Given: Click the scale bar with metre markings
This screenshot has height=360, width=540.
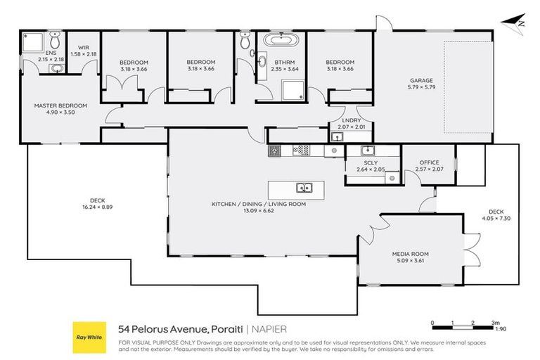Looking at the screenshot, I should coord(462,324).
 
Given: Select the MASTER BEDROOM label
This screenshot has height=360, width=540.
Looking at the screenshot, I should coord(61,105).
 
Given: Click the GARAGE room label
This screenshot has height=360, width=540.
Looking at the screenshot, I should coord(421,80).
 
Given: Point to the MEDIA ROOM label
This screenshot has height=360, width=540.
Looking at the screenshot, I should coord(411,254).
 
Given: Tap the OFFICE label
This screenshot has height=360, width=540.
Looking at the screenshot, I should coord(429,162).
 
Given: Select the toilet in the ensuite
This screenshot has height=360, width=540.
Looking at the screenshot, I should coord(56,43).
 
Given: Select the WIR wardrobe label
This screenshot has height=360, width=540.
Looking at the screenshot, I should coord(83,49).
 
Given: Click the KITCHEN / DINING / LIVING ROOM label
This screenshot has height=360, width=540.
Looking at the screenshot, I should coord(259,204).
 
